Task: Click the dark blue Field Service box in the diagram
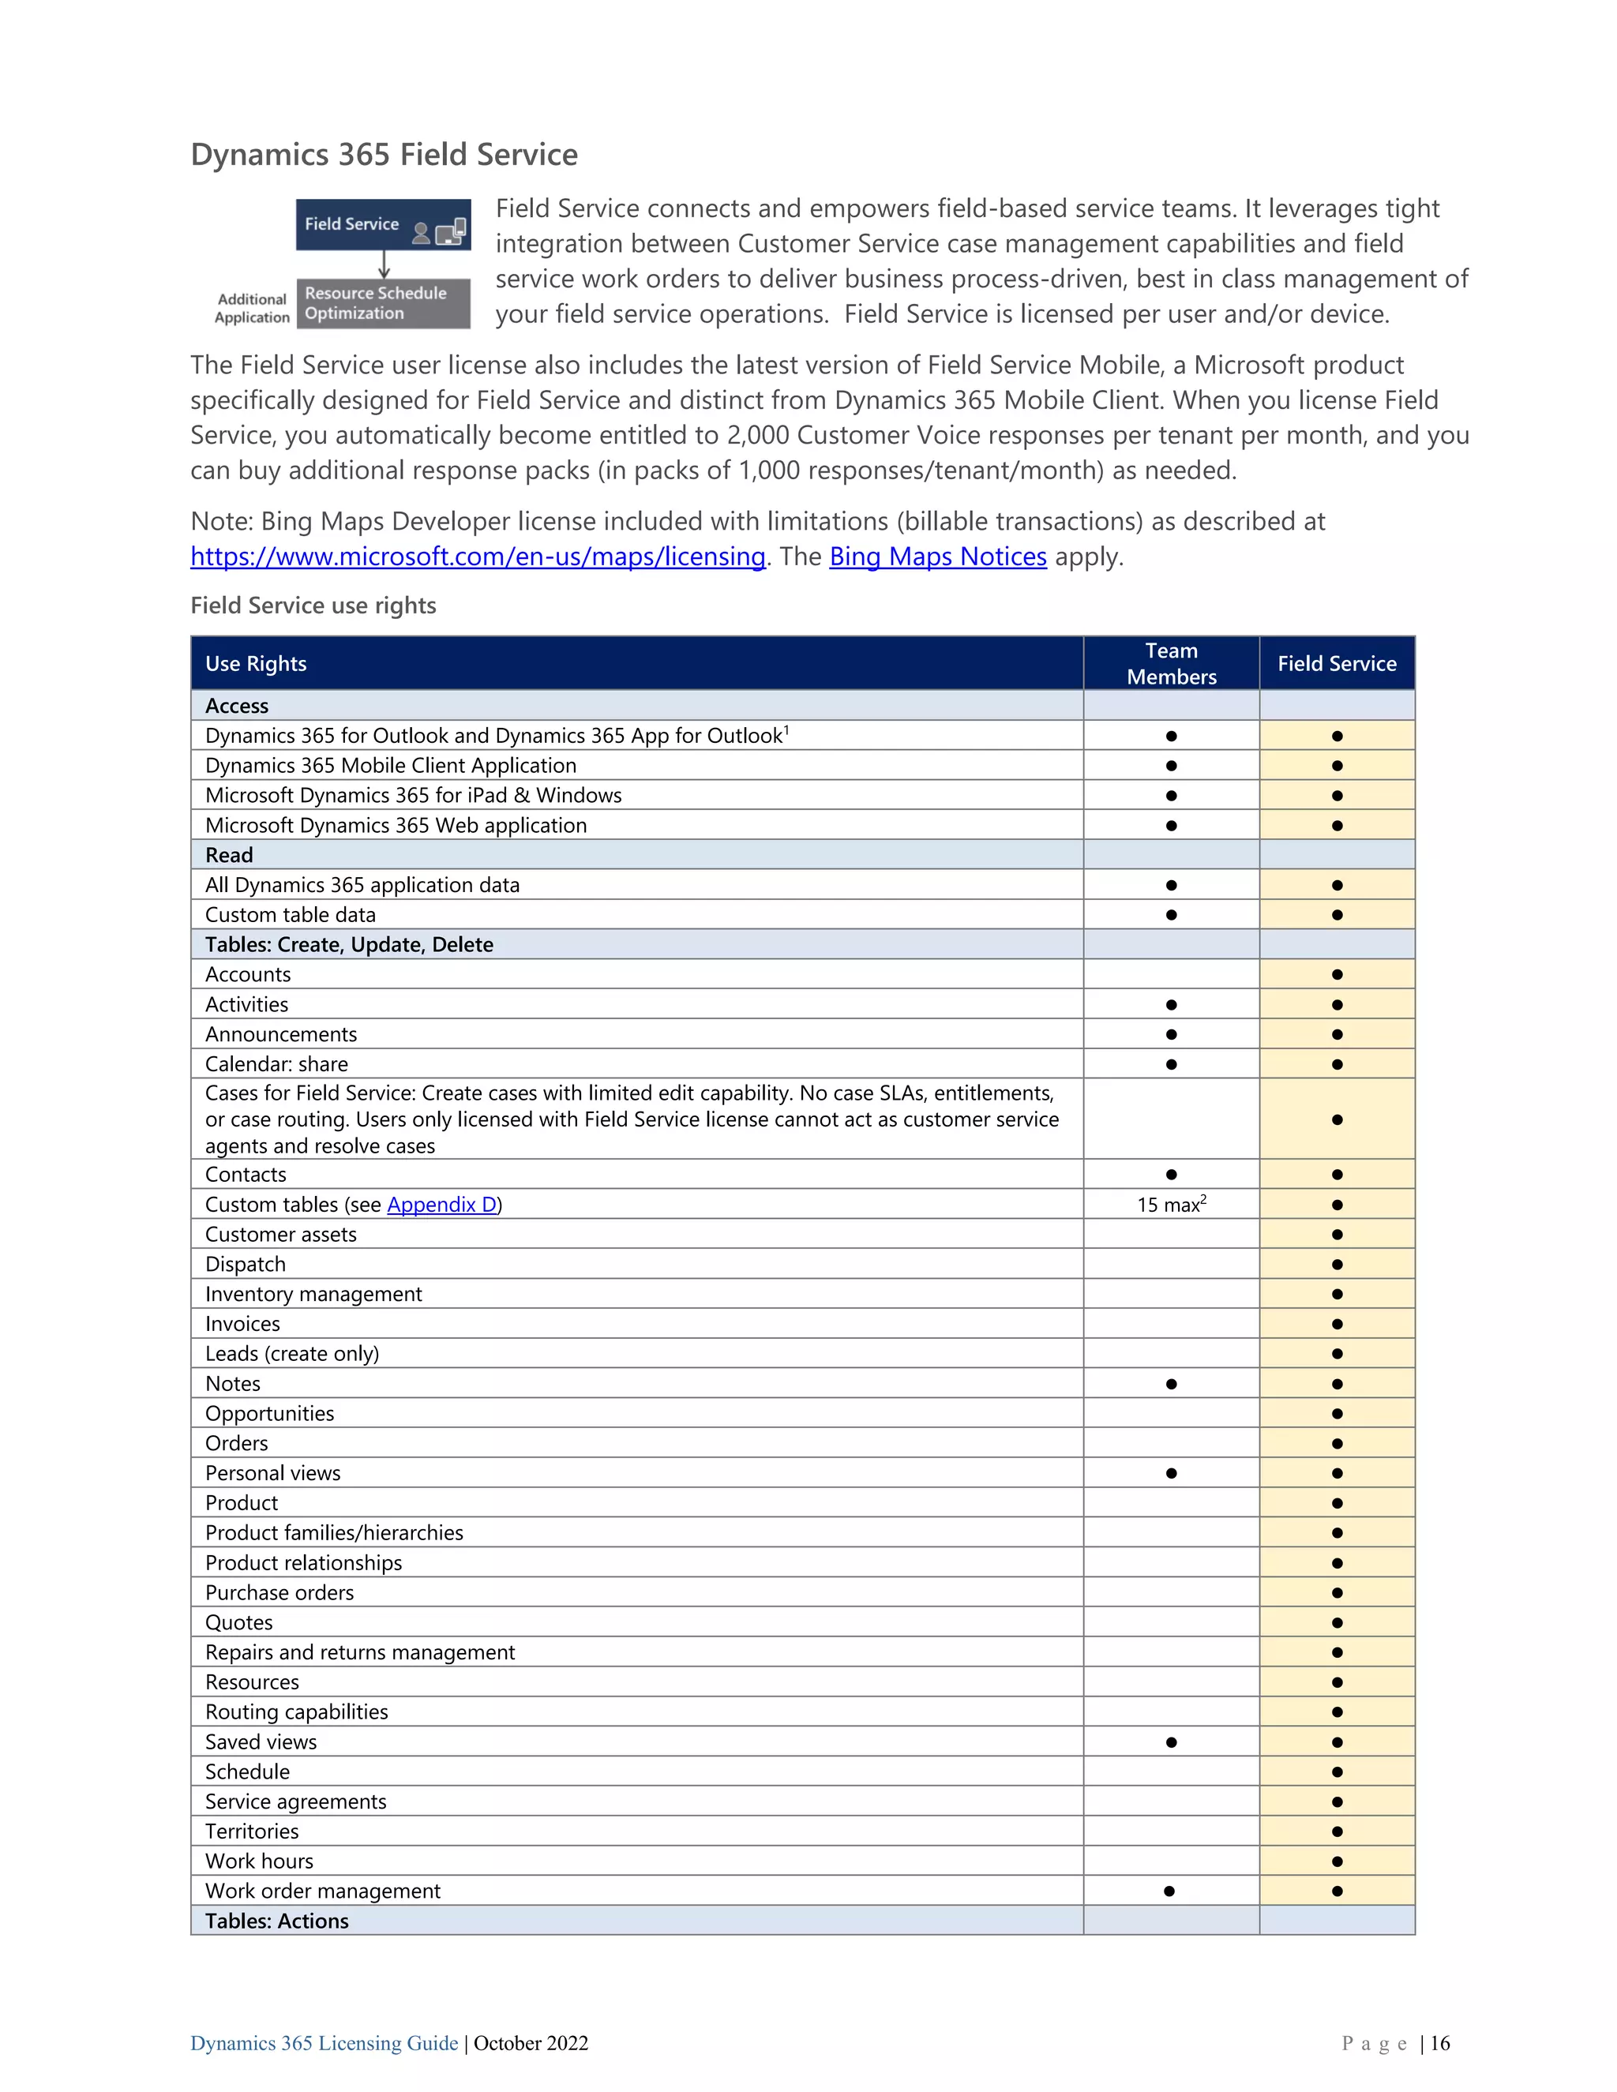pos(382,225)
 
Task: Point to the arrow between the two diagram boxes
pos(385,264)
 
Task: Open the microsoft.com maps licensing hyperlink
pos(477,557)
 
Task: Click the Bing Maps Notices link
pos(937,557)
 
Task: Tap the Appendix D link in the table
pos(441,1205)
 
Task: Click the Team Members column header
pos(1171,663)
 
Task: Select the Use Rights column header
pos(256,664)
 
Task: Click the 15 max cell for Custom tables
pos(1171,1205)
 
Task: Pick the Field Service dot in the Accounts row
pos(1337,975)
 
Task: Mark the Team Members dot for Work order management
pos(1169,1891)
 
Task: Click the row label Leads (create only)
pos(292,1353)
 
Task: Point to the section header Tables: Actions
pos(277,1921)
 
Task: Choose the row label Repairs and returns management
pos(359,1652)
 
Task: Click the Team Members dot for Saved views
pos(1171,1742)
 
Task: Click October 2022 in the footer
pos(531,2043)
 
